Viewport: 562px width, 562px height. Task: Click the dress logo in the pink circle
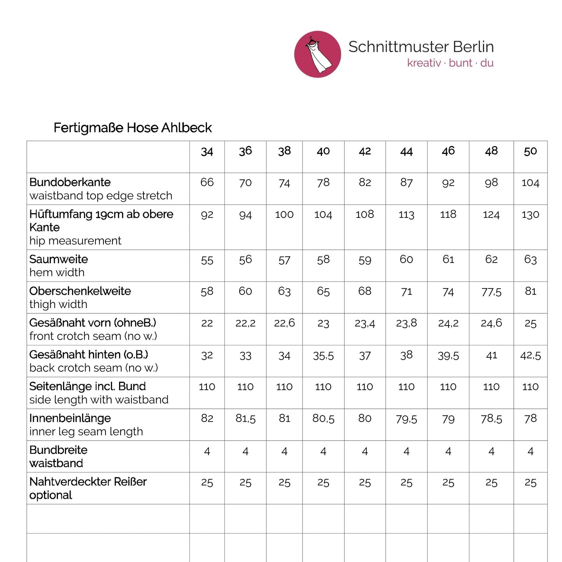[x=317, y=54]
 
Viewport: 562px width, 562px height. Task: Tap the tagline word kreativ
[x=424, y=63]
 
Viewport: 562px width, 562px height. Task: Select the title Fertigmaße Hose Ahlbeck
[x=133, y=128]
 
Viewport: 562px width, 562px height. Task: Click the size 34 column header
[x=207, y=152]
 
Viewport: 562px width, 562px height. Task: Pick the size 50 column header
[x=530, y=151]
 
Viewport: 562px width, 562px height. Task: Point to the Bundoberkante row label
[x=70, y=182]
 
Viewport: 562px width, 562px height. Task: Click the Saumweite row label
[x=59, y=259]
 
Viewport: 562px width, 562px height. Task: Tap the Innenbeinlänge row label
[x=70, y=418]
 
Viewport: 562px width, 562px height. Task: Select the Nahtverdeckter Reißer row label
[x=88, y=482]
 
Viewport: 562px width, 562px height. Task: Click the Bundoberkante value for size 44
[x=406, y=182]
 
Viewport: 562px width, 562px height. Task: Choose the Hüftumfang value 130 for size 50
[x=530, y=215]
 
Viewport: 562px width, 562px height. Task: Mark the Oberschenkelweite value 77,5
[x=491, y=292]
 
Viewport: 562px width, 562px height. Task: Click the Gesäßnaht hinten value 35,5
[x=323, y=356]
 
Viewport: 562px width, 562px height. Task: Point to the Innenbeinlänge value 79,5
[x=406, y=419]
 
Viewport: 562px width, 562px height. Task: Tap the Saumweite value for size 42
[x=364, y=260]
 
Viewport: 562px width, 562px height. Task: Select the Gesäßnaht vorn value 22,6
[x=284, y=323]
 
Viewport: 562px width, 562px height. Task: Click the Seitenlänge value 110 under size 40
[x=323, y=387]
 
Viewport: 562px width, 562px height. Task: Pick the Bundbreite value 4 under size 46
[x=448, y=451]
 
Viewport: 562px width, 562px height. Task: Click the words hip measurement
[x=75, y=241]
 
